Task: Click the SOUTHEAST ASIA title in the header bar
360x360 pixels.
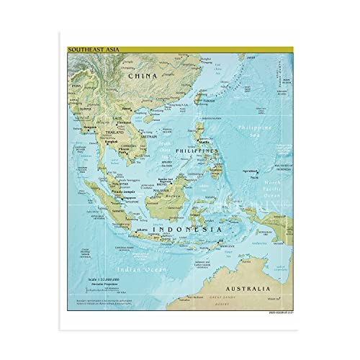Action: [x=88, y=49]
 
